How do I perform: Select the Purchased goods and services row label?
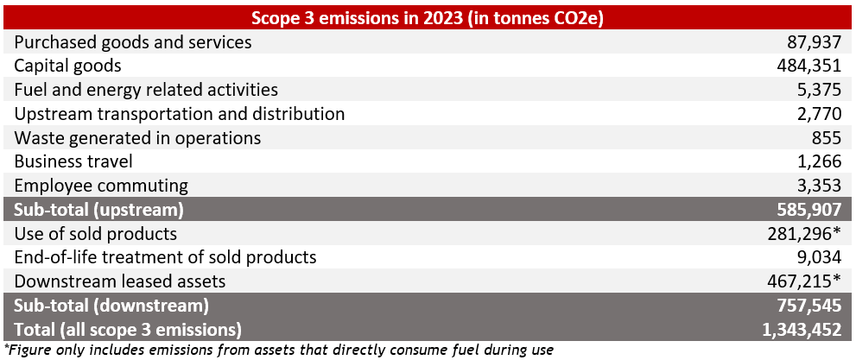[133, 42]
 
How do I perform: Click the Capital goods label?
[67, 66]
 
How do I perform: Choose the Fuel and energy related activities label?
[146, 90]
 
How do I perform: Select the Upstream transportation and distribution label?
[180, 114]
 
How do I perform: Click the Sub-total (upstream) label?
[99, 210]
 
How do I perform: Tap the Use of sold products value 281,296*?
[810, 234]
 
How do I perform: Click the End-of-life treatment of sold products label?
[165, 257]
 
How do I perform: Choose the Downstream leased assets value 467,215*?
[810, 281]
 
